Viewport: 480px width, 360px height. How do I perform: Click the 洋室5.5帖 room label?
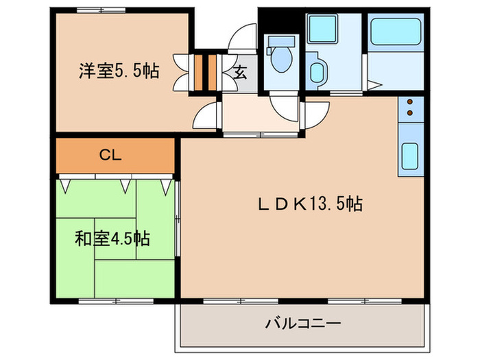coord(119,70)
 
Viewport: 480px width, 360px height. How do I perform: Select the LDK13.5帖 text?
coord(310,203)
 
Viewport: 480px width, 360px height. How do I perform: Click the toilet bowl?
coord(280,59)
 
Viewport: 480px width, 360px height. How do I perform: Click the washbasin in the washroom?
coord(317,73)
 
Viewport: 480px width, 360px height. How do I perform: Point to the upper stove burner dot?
coord(411,102)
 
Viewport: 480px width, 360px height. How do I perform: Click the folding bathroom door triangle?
coord(373,86)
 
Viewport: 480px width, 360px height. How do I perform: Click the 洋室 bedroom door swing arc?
coord(205,114)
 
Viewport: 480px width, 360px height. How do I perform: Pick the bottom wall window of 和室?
coord(113,300)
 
